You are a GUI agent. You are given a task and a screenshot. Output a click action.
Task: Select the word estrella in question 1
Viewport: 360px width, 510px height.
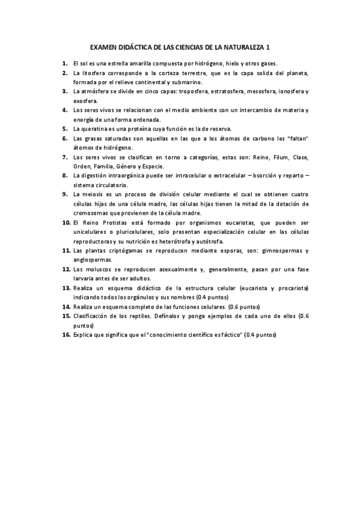115,63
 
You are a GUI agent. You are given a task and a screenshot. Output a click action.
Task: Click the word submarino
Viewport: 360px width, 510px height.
187,82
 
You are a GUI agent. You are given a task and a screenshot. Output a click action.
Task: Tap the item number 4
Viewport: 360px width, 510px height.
65,110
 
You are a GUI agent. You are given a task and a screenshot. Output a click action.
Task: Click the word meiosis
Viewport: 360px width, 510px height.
93,194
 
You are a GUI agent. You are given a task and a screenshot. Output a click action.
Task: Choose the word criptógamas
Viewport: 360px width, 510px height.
114,250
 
